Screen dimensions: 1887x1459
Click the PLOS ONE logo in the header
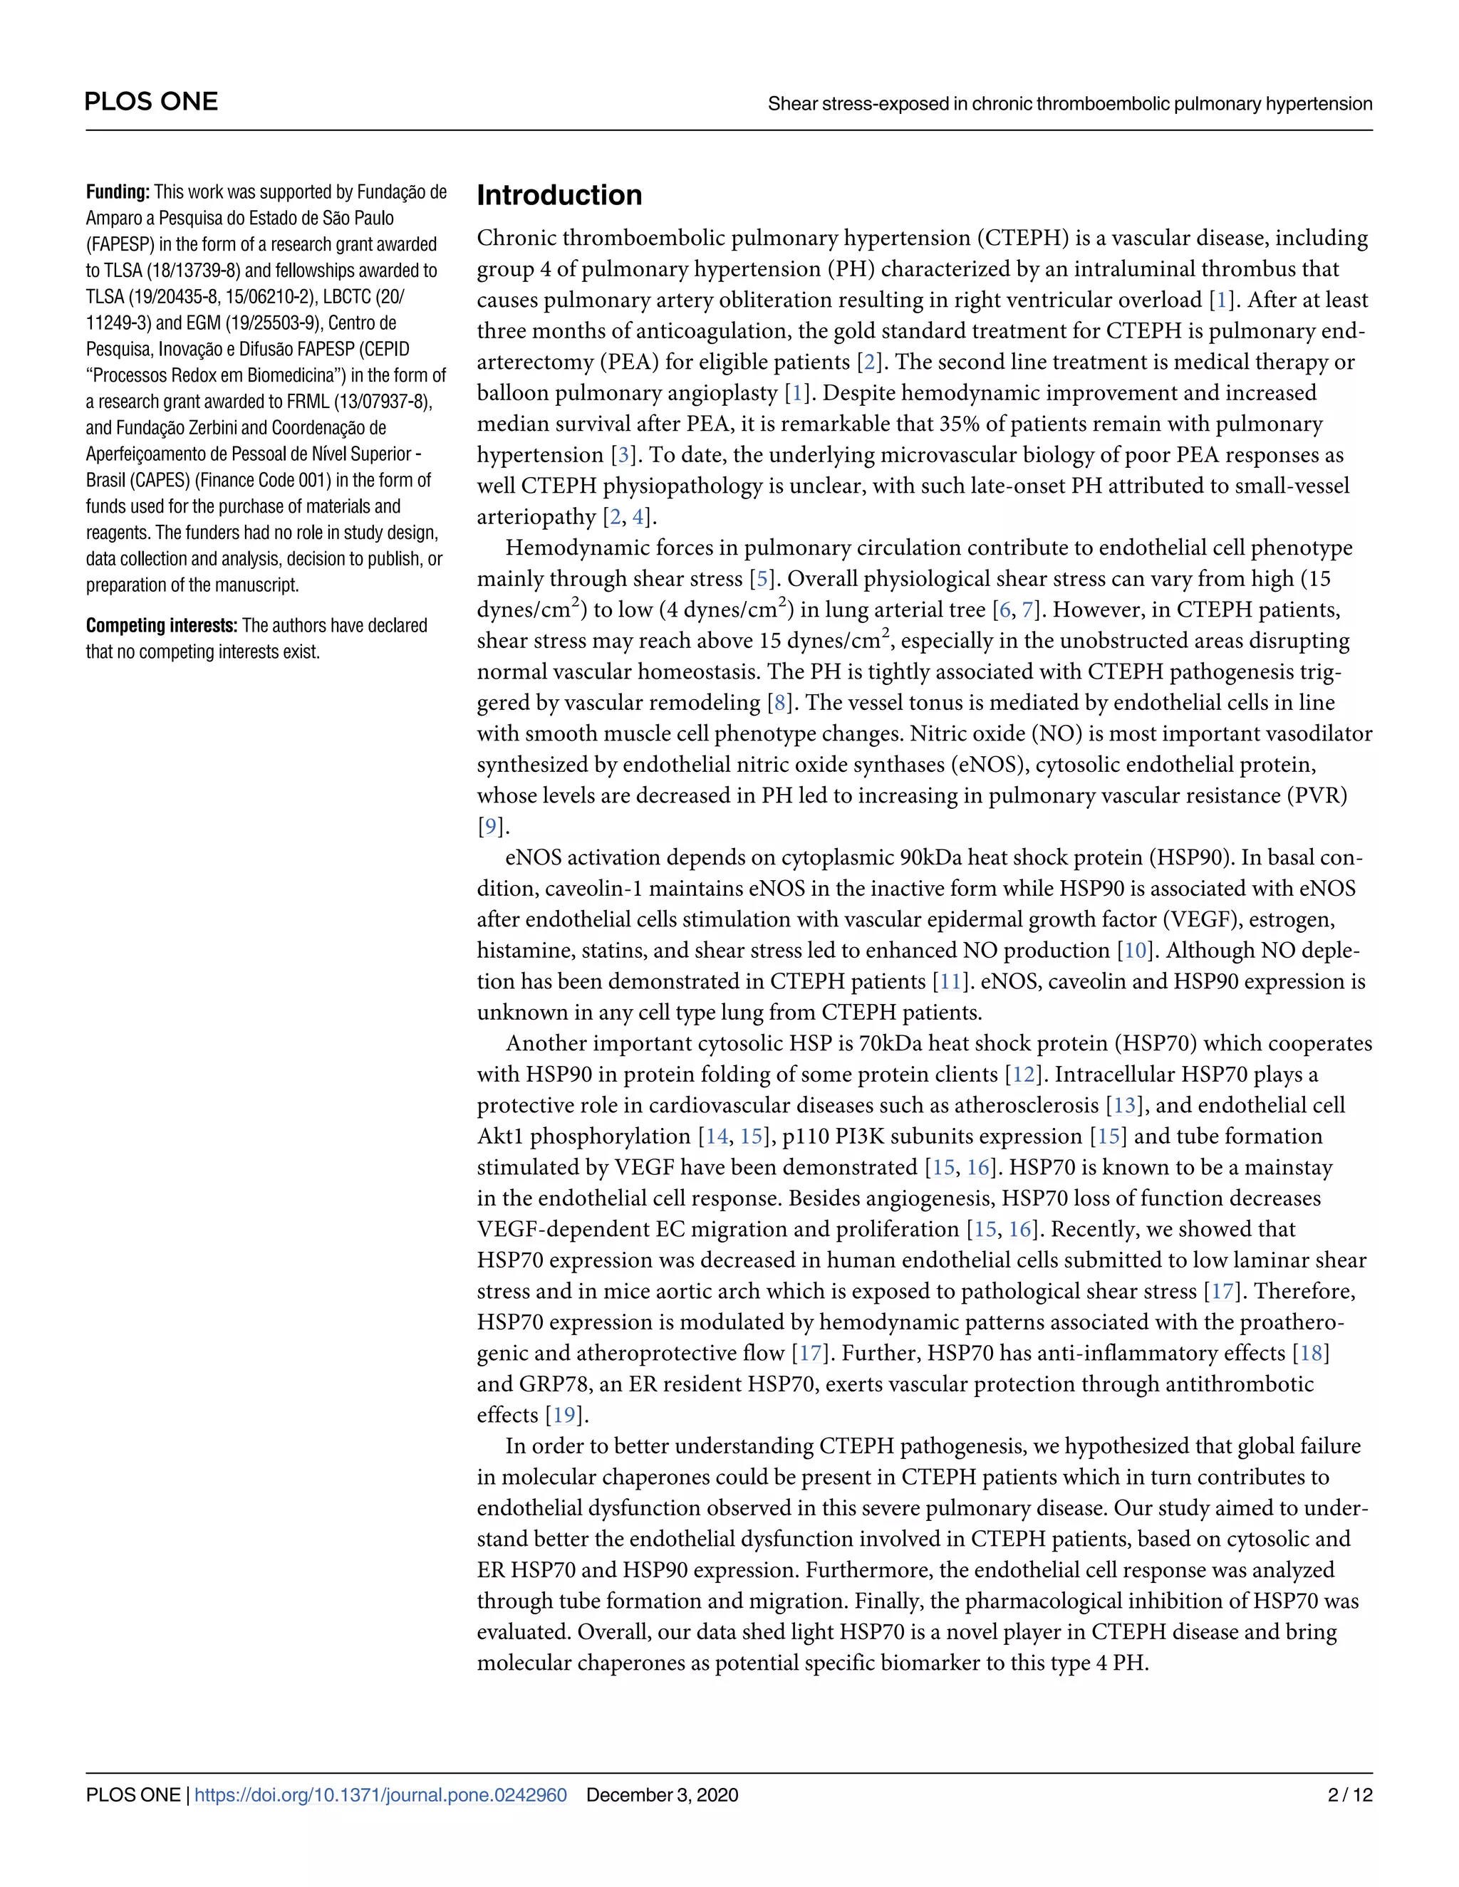[151, 102]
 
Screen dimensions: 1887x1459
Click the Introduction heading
[559, 195]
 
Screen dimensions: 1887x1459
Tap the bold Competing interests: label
[162, 625]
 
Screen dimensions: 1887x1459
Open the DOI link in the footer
[381, 1794]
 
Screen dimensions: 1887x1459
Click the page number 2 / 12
[1349, 1794]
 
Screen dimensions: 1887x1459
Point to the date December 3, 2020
[662, 1794]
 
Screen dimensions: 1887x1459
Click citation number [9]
[490, 827]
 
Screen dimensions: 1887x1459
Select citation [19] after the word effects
[564, 1416]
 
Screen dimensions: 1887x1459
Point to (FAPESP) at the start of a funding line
[120, 244]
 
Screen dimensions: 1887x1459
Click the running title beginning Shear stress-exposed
[1069, 105]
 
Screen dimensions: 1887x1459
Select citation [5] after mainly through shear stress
[762, 579]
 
